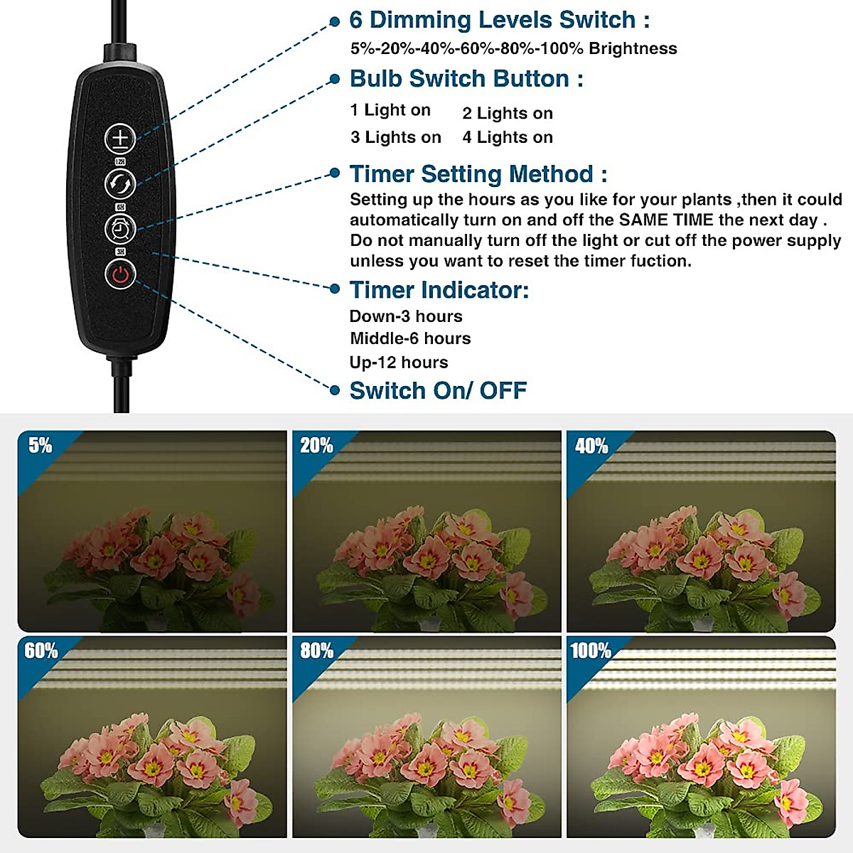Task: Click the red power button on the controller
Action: click(x=120, y=274)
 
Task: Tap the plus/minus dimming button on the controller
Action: click(x=120, y=139)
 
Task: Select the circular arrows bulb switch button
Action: click(x=120, y=184)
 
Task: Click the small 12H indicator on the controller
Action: click(x=120, y=162)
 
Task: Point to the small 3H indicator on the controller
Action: click(x=120, y=252)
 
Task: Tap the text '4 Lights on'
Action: click(x=508, y=137)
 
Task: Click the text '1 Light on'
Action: click(x=390, y=110)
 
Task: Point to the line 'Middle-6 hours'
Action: click(x=410, y=338)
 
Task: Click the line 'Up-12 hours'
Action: click(x=399, y=363)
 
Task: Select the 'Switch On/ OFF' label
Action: click(x=438, y=390)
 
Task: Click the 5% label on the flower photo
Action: click(x=40, y=446)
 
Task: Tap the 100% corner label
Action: click(x=590, y=650)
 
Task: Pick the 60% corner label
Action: click(x=41, y=650)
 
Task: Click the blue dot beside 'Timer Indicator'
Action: click(x=335, y=289)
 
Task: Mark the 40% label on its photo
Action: click(x=591, y=446)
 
